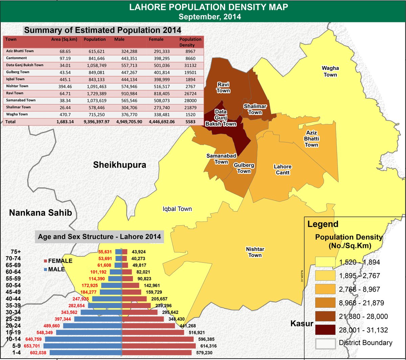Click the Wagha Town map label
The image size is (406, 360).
coord(330,71)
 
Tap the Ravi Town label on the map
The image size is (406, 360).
coord(223,87)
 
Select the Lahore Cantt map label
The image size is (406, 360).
coord(283,170)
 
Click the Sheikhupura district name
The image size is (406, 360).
coord(120,165)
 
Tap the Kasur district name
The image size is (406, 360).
coord(302,324)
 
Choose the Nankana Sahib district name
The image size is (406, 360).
coord(41,213)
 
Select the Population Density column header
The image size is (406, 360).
coord(190,42)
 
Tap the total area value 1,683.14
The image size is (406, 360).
coord(64,121)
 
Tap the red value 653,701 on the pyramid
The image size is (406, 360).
coord(32,346)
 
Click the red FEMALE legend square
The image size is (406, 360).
coord(46,261)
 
